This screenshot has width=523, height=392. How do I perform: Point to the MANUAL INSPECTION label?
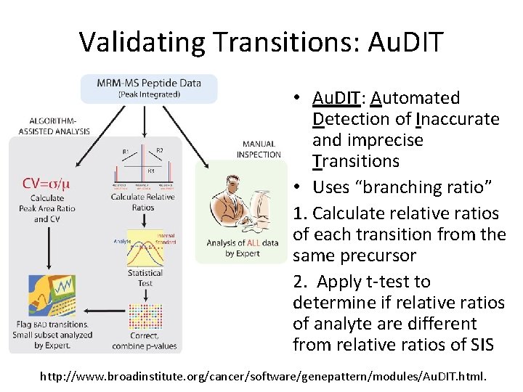point(258,149)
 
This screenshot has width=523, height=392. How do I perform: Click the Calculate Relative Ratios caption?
point(143,202)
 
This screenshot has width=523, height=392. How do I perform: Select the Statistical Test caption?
point(145,278)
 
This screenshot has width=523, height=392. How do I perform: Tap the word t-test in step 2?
point(408,282)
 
